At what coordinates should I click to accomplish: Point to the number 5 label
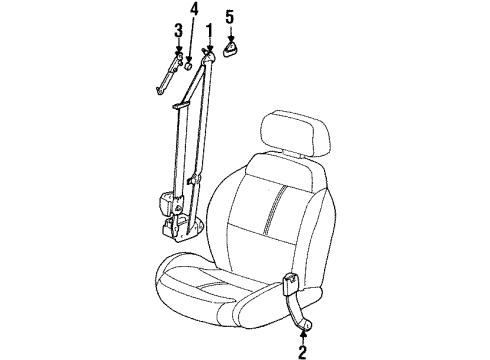coord(230,16)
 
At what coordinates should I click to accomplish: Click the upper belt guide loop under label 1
coord(210,63)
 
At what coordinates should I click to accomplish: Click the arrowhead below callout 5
coord(230,32)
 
